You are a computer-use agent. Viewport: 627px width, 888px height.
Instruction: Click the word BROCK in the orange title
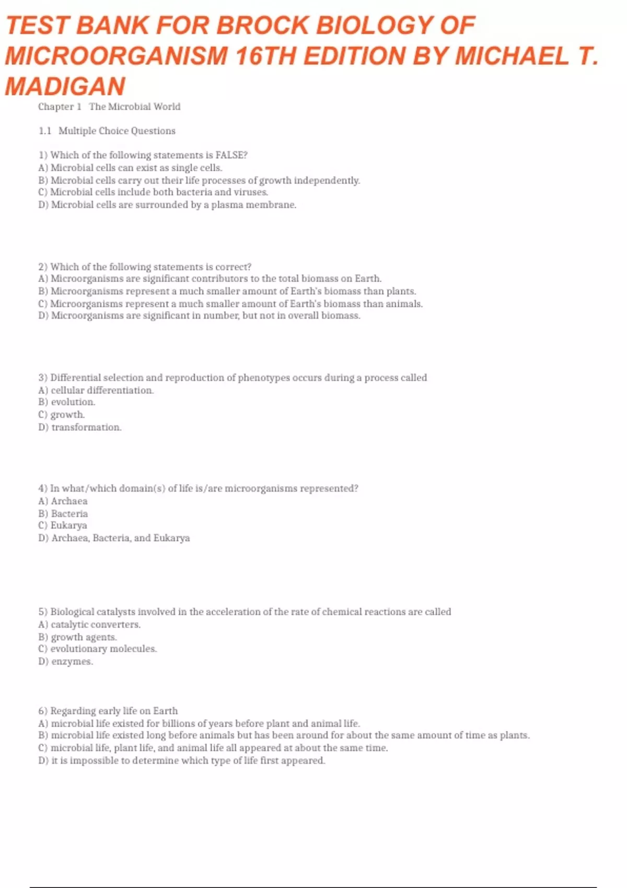[x=262, y=25]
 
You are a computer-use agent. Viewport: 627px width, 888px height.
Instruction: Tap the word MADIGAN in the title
[x=65, y=86]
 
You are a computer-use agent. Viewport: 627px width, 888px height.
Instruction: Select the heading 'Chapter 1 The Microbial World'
[x=109, y=107]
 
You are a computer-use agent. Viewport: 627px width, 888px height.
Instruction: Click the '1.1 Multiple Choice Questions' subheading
[x=107, y=131]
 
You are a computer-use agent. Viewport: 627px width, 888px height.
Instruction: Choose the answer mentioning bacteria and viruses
[x=153, y=192]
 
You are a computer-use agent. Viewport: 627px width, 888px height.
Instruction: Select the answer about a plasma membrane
[x=167, y=205]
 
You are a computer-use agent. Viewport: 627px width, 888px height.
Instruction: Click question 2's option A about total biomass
[x=210, y=279]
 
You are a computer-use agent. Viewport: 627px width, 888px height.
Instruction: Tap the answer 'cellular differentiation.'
[x=96, y=390]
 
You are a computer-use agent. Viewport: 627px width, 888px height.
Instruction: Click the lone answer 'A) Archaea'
[x=63, y=501]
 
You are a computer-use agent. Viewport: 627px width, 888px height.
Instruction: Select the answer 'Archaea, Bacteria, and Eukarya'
[x=114, y=538]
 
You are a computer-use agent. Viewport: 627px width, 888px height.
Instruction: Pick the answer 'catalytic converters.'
[x=89, y=625]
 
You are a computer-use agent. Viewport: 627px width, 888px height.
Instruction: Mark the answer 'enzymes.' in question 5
[x=66, y=661]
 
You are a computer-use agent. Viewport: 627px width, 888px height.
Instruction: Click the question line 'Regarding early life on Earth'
[x=108, y=711]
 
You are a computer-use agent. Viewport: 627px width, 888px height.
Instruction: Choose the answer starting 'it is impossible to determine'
[x=182, y=761]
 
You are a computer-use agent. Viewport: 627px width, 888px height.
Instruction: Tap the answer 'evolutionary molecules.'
[x=98, y=649]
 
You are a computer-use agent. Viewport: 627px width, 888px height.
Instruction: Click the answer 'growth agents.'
[x=78, y=637]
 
